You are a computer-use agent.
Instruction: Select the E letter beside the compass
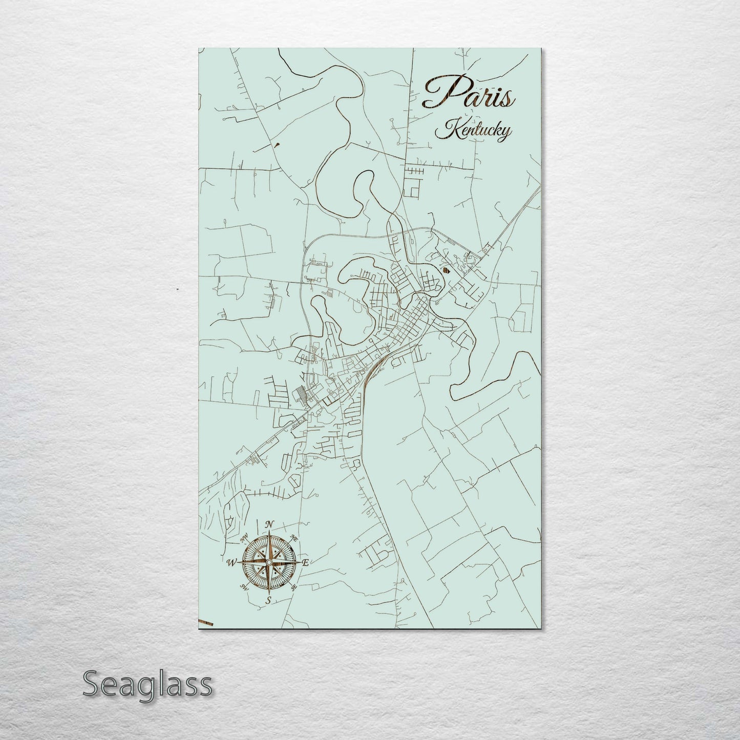[305, 562]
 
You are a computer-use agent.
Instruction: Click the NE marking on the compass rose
[294, 538]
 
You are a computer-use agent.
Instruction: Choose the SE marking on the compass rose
[293, 587]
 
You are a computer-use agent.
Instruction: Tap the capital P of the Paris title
[440, 92]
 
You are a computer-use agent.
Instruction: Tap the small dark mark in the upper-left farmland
[277, 144]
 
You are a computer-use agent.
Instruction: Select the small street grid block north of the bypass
[414, 181]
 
